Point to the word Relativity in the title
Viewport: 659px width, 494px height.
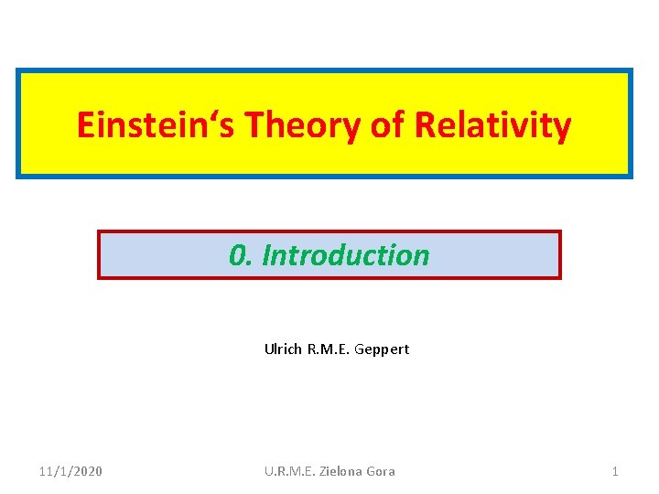493,125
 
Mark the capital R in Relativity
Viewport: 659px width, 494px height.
425,125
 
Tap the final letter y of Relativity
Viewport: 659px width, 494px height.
562,128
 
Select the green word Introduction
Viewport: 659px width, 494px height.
346,255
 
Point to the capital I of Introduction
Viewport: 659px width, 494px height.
266,255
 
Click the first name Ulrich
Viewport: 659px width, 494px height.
283,349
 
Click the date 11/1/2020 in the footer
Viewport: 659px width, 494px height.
70,471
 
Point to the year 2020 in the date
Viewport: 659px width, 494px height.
87,471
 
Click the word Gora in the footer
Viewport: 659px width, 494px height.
381,471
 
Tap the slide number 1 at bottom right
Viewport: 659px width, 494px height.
615,471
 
